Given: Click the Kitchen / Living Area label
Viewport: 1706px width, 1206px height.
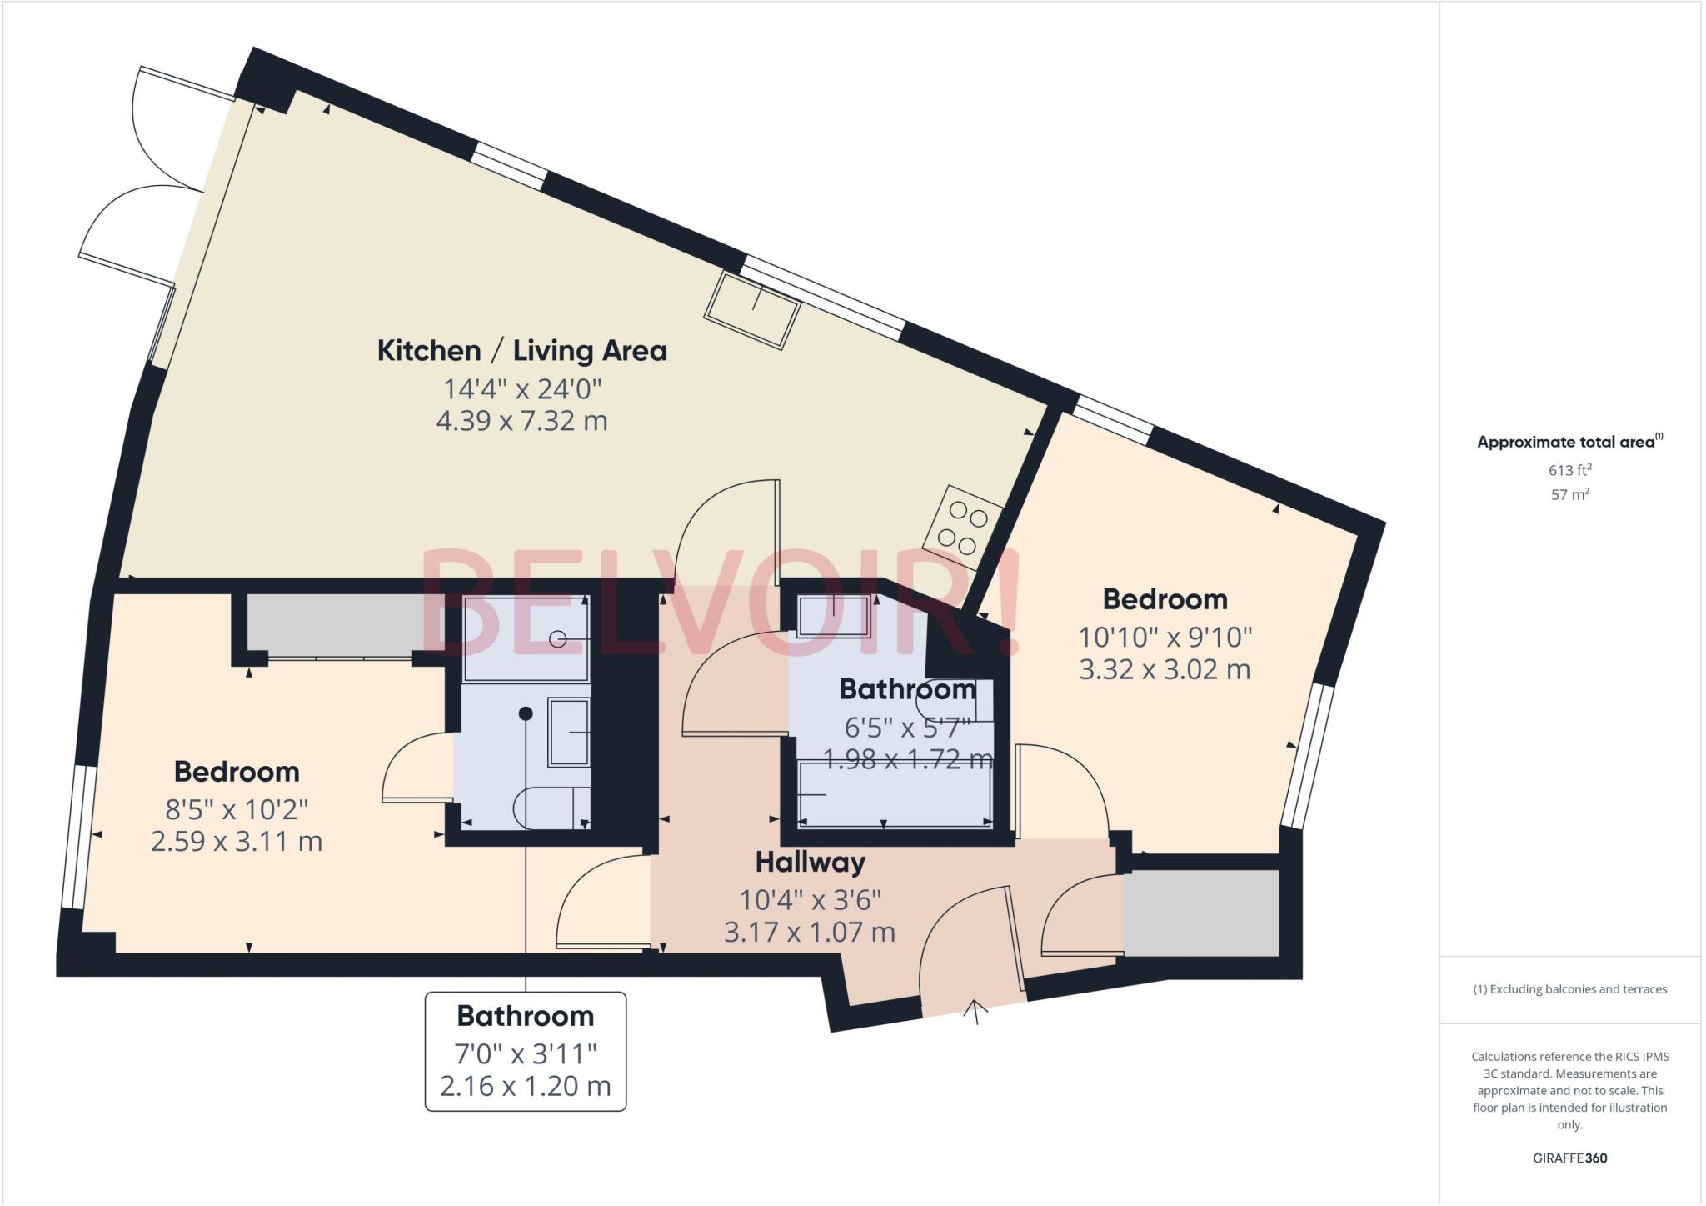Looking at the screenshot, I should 521,351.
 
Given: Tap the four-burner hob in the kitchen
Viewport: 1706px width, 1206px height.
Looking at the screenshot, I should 962,528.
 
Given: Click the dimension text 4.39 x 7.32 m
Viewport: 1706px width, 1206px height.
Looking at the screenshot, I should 521,421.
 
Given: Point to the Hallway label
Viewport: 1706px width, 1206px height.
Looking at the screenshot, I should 810,862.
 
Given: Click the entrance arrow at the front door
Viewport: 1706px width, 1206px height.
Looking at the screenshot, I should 975,1009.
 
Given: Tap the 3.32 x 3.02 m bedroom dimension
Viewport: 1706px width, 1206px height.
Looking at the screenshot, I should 1165,669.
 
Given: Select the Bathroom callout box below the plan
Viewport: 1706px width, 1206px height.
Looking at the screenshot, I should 526,1051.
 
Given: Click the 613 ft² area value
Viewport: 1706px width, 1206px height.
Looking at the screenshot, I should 1569,470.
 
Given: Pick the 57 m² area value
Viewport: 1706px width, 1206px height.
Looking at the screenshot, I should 1569,494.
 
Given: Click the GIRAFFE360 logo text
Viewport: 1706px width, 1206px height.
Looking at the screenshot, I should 1569,1158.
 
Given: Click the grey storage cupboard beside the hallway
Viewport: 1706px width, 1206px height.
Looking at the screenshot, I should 1200,913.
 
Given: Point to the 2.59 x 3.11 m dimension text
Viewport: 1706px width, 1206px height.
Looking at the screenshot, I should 237,842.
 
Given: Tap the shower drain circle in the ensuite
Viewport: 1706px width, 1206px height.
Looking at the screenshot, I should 558,639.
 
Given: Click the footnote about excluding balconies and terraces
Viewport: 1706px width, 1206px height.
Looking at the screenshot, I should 1569,989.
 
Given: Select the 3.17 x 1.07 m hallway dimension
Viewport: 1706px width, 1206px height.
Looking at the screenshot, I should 810,932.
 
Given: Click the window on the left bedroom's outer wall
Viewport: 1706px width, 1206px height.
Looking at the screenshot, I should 77,836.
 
